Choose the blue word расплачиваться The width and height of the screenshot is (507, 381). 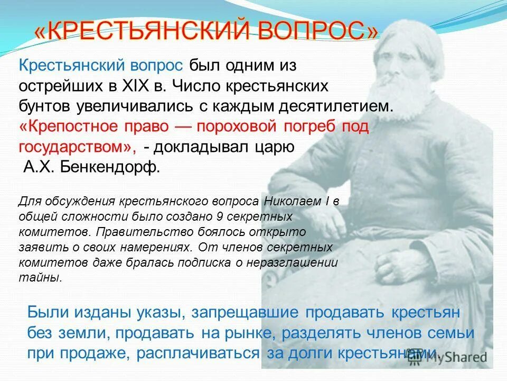[206, 353]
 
